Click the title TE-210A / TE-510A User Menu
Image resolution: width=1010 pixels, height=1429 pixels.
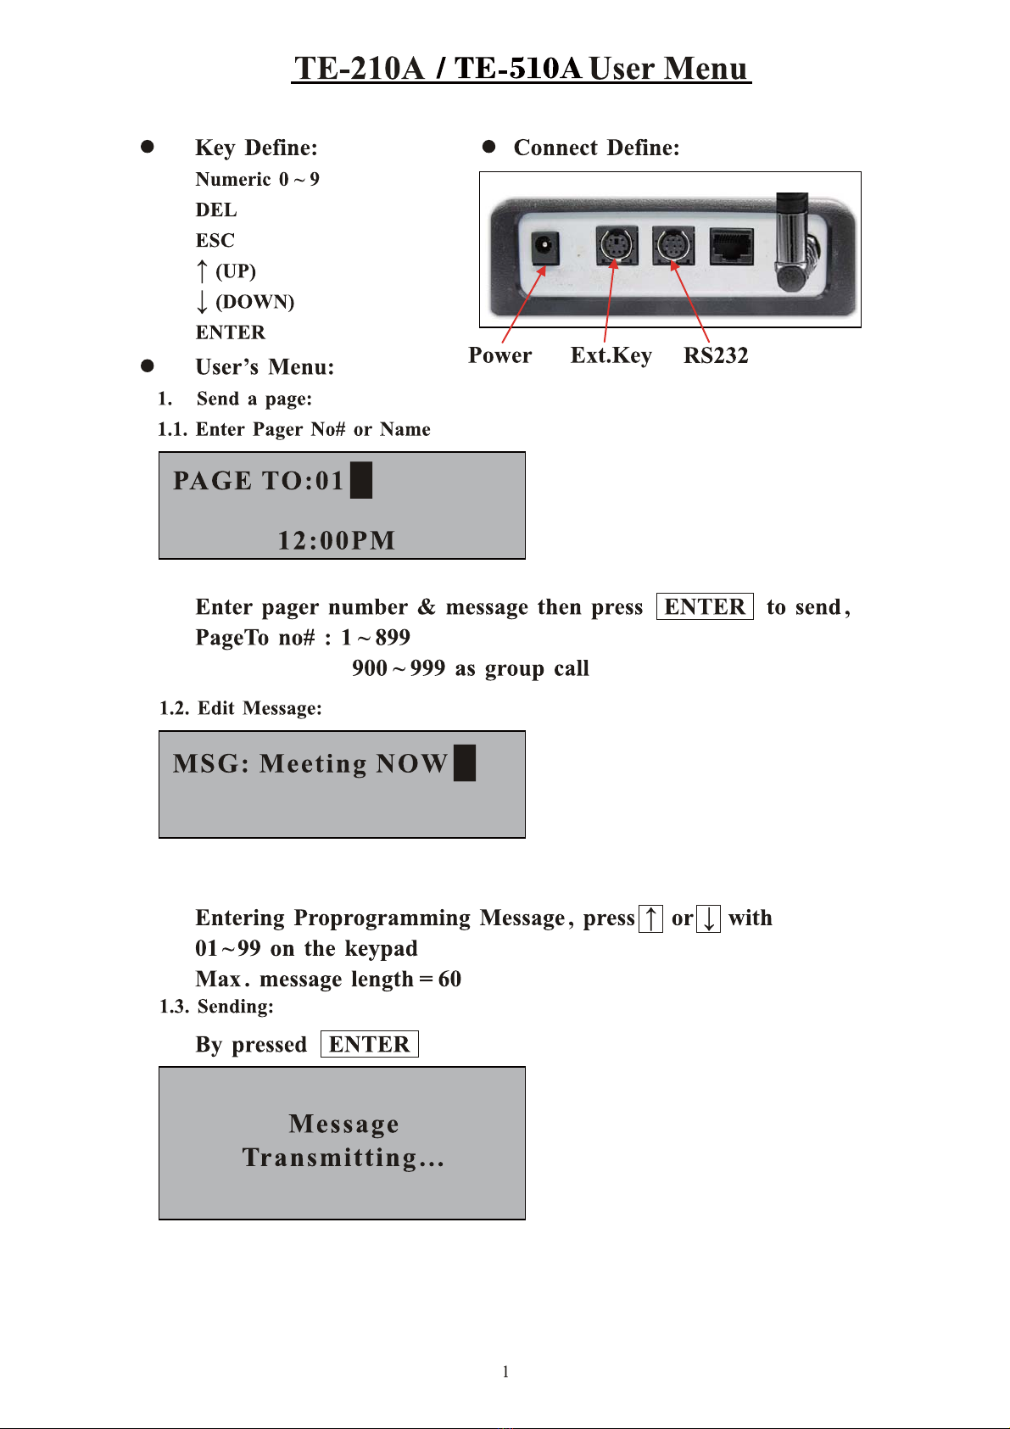coord(521,68)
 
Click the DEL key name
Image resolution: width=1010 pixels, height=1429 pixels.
coord(216,209)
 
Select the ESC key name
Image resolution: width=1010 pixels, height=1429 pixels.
coord(215,240)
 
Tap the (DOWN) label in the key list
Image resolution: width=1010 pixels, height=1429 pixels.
coord(254,302)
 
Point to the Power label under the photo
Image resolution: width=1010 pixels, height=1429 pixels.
coord(499,355)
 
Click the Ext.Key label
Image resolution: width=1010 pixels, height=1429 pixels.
coord(611,355)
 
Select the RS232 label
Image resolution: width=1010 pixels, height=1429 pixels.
coord(716,355)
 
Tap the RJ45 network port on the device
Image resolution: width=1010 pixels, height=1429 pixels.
coord(731,246)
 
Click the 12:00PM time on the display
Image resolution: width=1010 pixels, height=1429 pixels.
coord(337,540)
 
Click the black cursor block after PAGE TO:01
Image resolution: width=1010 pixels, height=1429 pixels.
coord(361,480)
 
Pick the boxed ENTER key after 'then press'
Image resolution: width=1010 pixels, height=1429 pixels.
coord(705,607)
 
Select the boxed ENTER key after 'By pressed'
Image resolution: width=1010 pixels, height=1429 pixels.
coord(370,1044)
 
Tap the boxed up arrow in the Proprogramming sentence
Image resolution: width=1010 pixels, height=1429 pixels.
coord(650,918)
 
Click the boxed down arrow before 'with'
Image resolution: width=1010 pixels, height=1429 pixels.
coord(708,918)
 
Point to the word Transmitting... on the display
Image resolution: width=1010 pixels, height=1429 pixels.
coord(343,1158)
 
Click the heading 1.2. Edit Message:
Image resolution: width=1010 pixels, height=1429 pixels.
coord(241,708)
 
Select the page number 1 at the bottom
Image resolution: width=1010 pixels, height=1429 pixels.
coord(505,1371)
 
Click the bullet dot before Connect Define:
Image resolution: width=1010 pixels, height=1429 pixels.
coord(488,147)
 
